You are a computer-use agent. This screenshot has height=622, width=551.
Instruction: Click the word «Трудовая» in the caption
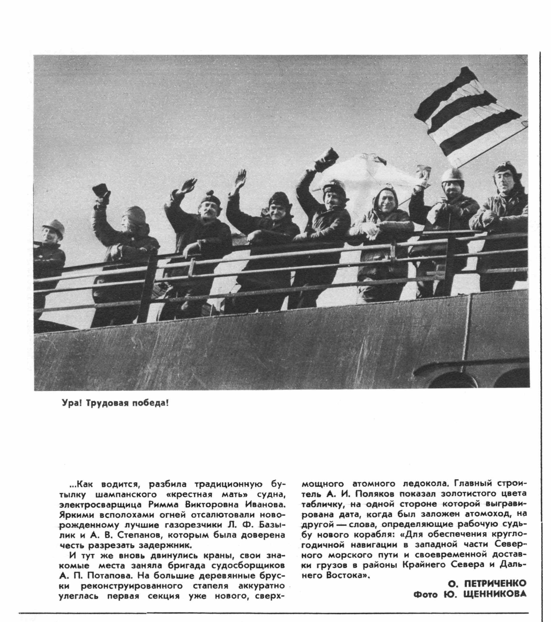coord(106,404)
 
